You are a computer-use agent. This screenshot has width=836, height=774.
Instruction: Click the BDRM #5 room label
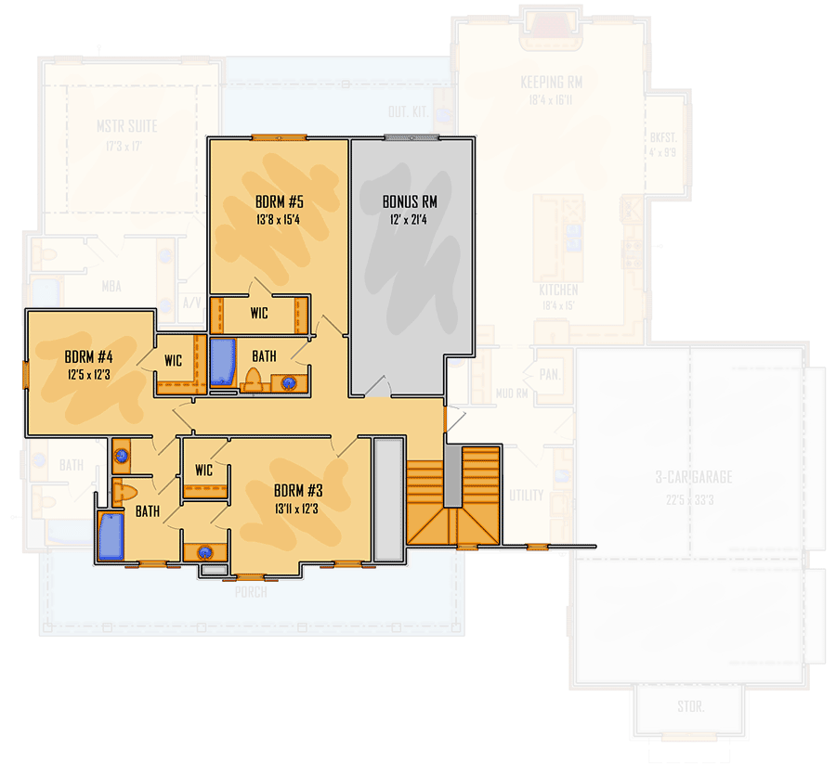[x=277, y=201]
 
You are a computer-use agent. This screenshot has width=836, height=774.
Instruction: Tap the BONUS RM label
[x=410, y=201]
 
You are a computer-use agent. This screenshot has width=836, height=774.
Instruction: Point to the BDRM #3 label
[x=298, y=490]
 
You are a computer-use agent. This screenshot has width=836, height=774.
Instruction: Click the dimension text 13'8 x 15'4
[x=277, y=220]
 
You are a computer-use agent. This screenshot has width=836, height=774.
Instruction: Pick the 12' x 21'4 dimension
[x=410, y=220]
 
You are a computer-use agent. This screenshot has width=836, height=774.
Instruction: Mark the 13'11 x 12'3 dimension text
[x=298, y=509]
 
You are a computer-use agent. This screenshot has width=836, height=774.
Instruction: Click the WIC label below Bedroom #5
[x=259, y=314]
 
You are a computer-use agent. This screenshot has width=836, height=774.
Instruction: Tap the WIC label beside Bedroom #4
[x=173, y=360]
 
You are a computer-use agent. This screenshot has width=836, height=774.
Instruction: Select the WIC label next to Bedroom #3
[x=203, y=471]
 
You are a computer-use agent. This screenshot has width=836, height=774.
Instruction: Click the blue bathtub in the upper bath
[x=222, y=363]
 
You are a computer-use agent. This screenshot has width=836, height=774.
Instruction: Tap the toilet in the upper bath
[x=252, y=379]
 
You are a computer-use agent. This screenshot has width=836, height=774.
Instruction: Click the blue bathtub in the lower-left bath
[x=111, y=536]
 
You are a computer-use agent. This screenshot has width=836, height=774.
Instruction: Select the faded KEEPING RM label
[x=552, y=83]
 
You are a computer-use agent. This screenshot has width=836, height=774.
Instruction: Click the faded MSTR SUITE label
[x=127, y=126]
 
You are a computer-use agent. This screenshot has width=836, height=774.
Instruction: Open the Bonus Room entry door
[x=375, y=389]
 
